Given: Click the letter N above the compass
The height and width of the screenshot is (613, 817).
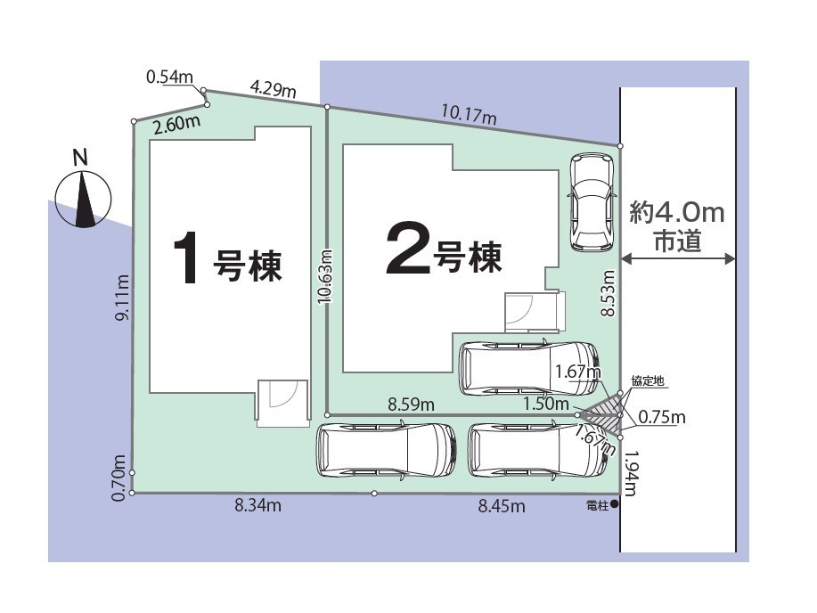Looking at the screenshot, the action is (x=80, y=158).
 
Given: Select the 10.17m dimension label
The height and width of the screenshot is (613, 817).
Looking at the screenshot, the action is (x=469, y=114).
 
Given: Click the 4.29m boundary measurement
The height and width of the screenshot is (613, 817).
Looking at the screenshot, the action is (x=273, y=88).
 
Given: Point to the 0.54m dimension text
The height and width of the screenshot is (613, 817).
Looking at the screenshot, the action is (x=169, y=78).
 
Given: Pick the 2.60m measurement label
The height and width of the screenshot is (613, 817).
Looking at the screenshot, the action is (x=176, y=125).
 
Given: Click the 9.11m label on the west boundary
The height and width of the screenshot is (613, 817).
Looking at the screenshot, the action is (x=122, y=297).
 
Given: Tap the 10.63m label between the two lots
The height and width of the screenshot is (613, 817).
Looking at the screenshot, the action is (x=324, y=276).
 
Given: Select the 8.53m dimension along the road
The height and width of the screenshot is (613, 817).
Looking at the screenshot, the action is (x=608, y=293).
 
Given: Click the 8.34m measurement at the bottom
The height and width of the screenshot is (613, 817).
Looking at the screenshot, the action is (x=257, y=504).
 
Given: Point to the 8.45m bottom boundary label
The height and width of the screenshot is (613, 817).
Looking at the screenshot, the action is (x=502, y=505).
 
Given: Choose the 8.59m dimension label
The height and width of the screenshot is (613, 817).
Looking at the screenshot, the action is (x=411, y=404).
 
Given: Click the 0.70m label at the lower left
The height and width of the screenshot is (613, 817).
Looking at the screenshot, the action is (x=118, y=478).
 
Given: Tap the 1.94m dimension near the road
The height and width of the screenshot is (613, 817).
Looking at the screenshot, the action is (x=630, y=473).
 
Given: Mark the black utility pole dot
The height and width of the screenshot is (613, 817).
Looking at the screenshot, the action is (x=615, y=504).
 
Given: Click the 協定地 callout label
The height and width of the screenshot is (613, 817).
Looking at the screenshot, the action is (x=648, y=381).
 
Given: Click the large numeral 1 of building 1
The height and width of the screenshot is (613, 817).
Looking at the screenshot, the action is (x=185, y=258).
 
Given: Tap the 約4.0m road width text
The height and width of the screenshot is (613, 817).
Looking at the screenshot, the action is (x=677, y=213).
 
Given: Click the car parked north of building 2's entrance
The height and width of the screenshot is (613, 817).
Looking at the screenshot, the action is (x=592, y=201).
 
